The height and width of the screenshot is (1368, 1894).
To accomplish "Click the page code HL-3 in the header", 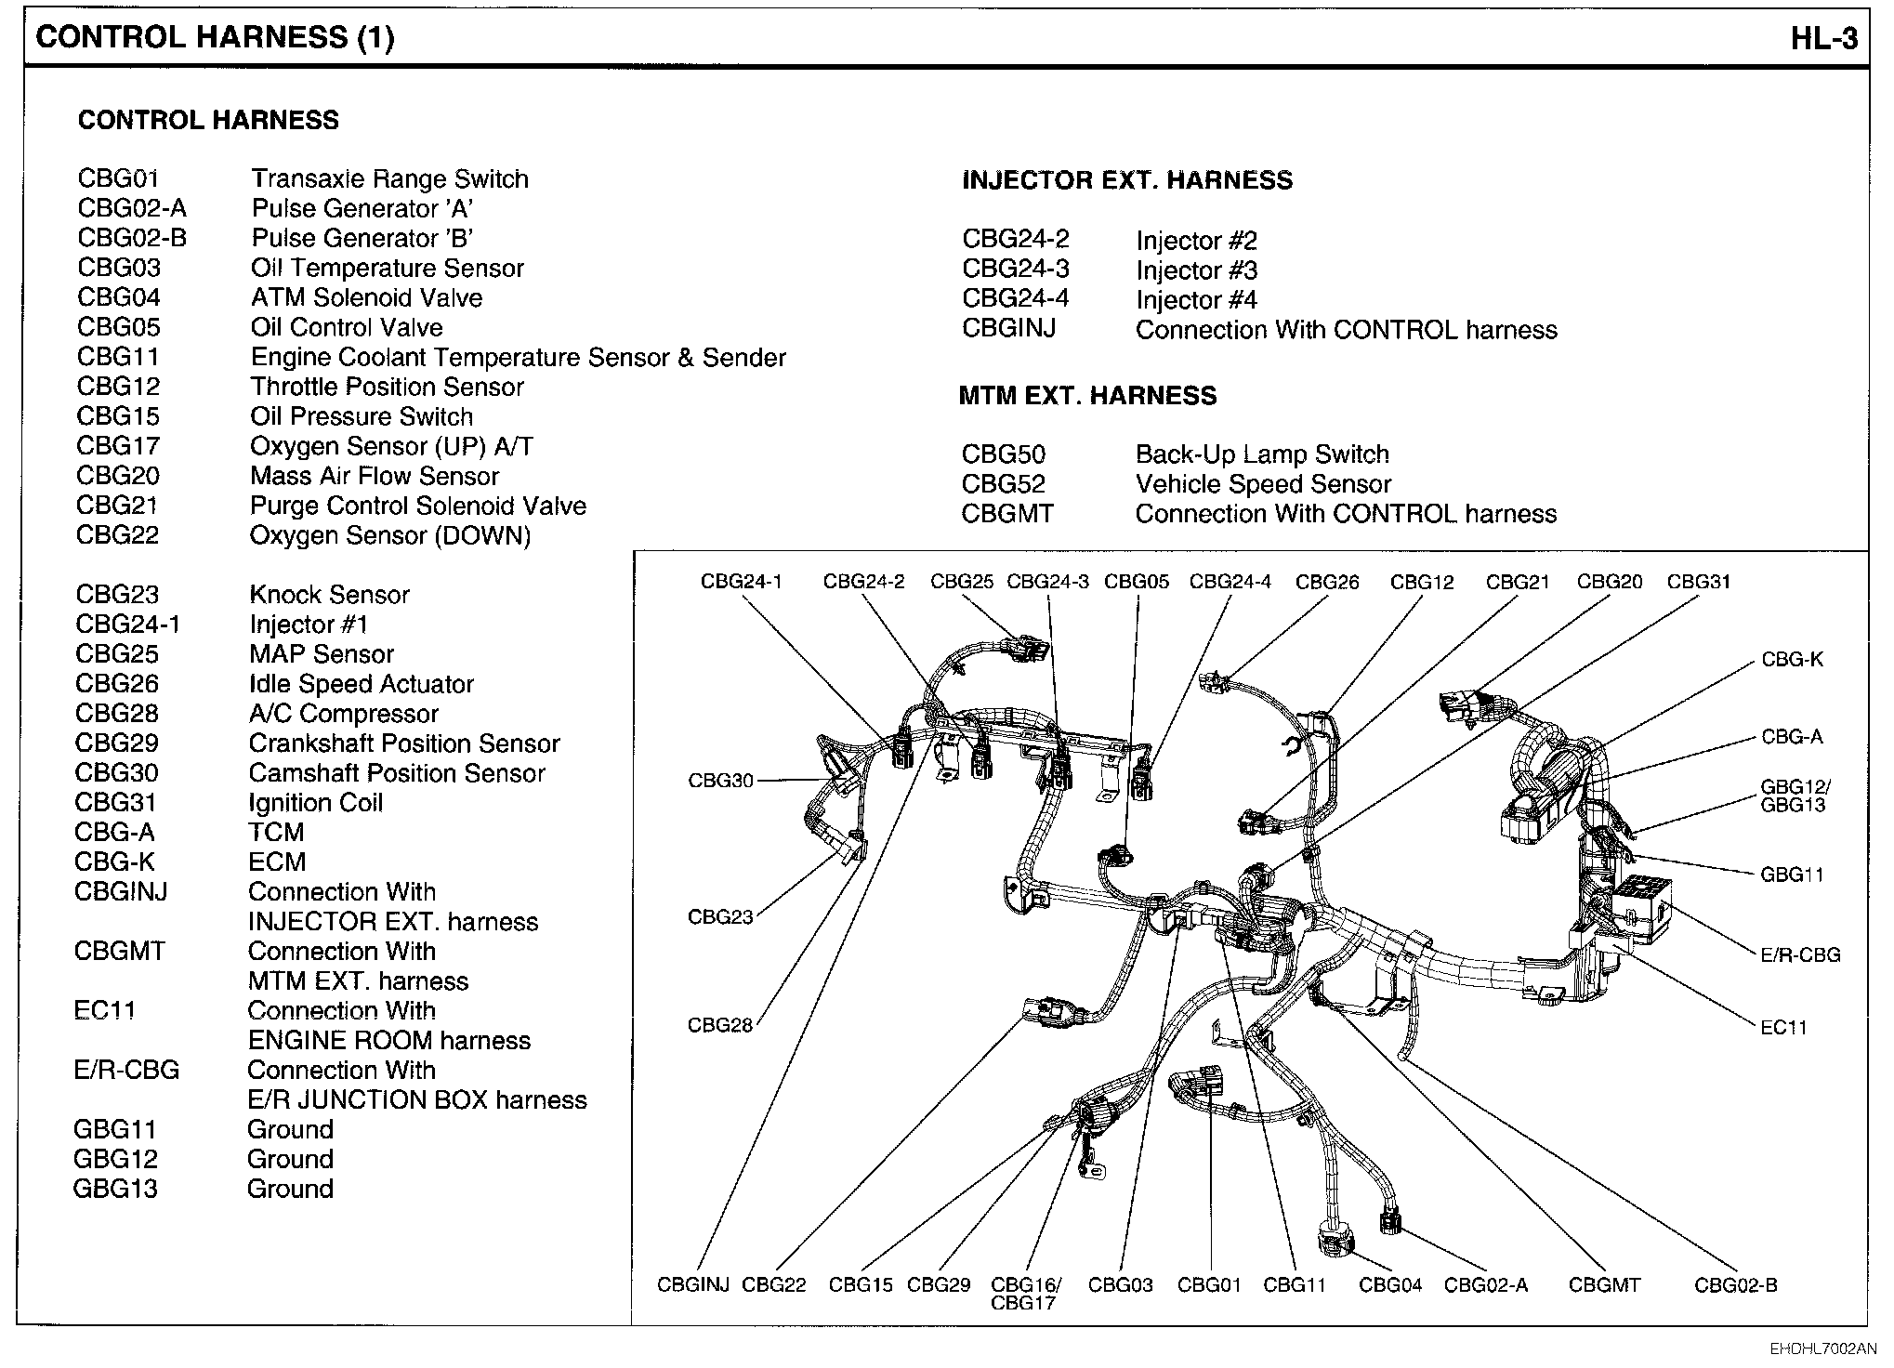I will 1824,38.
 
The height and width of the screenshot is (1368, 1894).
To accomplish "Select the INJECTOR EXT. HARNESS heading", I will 1127,180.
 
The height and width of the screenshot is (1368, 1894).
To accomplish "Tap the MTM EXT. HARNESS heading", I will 1087,396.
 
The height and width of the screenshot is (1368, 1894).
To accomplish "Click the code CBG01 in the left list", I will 118,178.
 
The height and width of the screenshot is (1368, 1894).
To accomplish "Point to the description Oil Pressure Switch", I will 362,416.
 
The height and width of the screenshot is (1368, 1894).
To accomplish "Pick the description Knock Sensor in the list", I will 329,595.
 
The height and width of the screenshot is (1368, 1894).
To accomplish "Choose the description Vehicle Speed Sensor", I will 1263,484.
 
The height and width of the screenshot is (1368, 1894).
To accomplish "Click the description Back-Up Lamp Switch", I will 1262,454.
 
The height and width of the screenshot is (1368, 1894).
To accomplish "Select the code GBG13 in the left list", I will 115,1189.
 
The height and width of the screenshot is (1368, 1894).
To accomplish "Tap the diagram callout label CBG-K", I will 1792,660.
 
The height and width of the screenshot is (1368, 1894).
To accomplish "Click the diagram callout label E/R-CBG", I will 1800,954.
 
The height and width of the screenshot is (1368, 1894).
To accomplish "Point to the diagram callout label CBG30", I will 720,781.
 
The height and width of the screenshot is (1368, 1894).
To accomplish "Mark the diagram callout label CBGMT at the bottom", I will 1604,1285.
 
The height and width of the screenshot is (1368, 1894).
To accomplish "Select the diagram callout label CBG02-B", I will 1735,1285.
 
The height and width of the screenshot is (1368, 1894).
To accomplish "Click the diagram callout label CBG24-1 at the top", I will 741,582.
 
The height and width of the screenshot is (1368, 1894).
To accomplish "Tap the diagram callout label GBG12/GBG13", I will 1795,796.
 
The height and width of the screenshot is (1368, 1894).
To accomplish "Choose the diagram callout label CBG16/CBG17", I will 1025,1294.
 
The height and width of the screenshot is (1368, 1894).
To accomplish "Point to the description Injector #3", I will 1196,270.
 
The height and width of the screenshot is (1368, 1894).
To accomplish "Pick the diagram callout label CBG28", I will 719,1025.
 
